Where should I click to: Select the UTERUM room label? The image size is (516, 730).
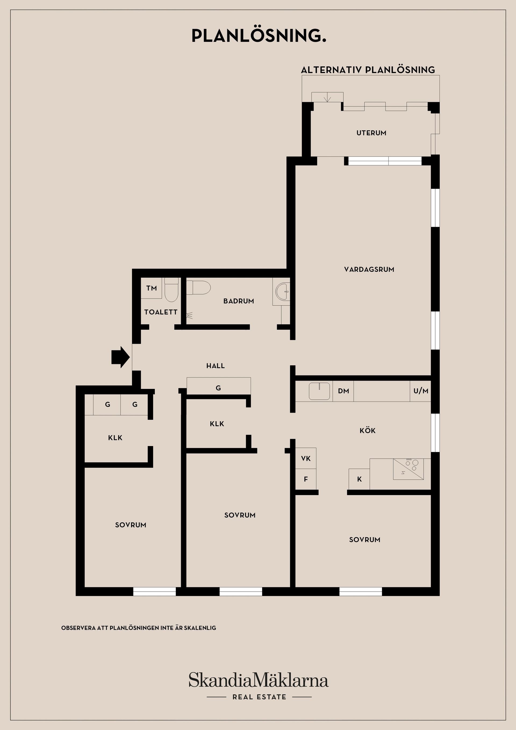point(371,133)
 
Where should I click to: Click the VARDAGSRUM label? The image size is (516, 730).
point(369,269)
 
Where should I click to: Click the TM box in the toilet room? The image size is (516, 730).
point(151,288)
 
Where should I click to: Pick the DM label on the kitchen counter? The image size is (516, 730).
point(343,391)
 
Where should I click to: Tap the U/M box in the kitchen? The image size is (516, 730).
point(421,391)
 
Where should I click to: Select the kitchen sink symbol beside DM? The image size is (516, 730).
point(320,391)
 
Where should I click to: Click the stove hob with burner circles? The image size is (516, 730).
point(408,469)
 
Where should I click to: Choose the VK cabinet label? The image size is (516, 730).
point(306,458)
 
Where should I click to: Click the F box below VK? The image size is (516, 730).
point(306,479)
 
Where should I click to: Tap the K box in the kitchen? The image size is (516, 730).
point(359,479)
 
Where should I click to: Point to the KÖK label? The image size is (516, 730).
point(368,431)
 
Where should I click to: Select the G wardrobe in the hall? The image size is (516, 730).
point(218,386)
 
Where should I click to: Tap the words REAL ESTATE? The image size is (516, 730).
point(259,697)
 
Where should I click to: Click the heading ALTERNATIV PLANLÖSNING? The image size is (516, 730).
point(368,70)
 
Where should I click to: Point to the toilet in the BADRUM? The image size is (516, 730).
point(198,288)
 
